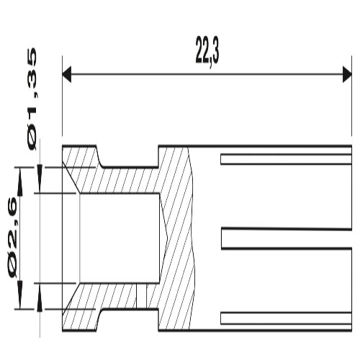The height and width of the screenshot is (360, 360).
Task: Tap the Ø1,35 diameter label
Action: point(32,99)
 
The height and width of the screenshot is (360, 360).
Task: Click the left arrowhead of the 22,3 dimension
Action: point(67,74)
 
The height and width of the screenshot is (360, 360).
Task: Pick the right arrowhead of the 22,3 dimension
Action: point(347,74)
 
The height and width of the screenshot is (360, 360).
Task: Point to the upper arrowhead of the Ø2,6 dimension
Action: point(21,181)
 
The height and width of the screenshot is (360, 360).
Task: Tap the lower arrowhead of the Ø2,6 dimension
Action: point(21,295)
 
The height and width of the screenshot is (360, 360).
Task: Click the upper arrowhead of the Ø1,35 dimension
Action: point(40,179)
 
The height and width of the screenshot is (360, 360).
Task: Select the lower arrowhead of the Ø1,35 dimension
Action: point(40,297)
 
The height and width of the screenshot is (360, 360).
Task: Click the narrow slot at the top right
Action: point(286,160)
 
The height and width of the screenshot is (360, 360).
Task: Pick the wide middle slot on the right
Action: point(287,238)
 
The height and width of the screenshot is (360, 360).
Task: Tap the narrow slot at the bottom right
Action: point(286,318)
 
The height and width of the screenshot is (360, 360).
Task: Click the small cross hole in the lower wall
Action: point(141,296)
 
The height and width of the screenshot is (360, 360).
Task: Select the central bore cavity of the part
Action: point(120,238)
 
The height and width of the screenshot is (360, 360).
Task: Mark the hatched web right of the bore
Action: point(176,238)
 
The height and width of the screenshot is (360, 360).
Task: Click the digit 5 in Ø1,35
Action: point(32,58)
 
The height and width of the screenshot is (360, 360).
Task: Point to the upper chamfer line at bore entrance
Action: point(71,177)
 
